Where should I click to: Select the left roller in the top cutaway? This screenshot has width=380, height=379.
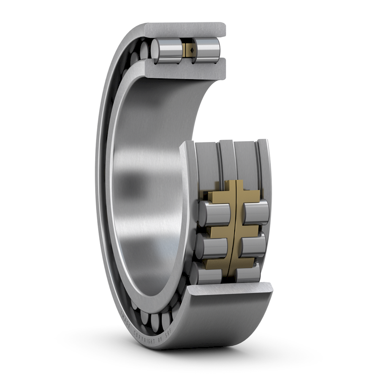[168, 51]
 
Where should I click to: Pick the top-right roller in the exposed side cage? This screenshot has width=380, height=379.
[255, 213]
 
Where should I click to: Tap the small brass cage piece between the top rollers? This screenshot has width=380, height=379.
[187, 51]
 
